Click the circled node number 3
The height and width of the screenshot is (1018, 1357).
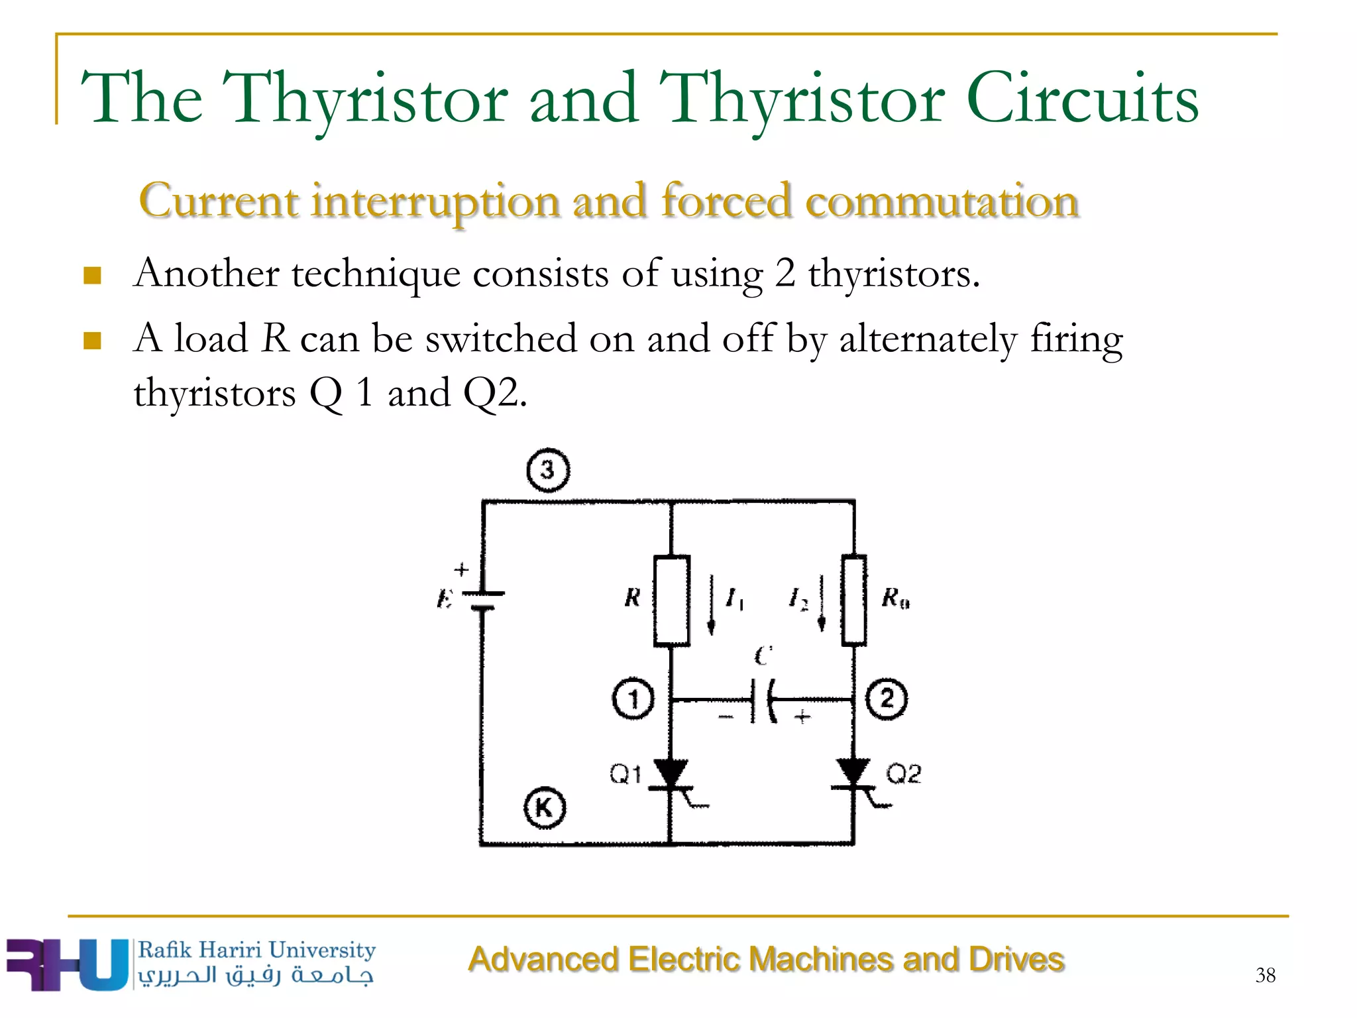(x=548, y=471)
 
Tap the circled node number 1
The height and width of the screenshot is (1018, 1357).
(x=633, y=699)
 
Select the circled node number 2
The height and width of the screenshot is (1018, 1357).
(x=887, y=699)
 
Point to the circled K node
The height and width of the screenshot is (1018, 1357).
(x=545, y=808)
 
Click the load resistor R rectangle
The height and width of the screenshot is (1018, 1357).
(x=672, y=600)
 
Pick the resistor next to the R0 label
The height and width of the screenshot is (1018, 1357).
(x=854, y=600)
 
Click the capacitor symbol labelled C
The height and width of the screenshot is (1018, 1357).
(x=763, y=700)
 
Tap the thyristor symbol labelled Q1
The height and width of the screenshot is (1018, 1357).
(x=671, y=776)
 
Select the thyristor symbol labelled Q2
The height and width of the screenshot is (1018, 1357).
(x=853, y=776)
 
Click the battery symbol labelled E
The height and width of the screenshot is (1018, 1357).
(x=483, y=600)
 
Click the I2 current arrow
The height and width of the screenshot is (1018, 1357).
(x=822, y=603)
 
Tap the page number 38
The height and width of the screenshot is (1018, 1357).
(x=1265, y=975)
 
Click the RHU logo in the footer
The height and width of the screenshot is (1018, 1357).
(x=66, y=964)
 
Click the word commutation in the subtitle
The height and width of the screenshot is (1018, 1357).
(x=942, y=201)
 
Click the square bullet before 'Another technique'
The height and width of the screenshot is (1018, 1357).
(x=93, y=275)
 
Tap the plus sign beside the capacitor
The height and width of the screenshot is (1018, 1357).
(x=802, y=716)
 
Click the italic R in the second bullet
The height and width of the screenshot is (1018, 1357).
(x=275, y=338)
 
